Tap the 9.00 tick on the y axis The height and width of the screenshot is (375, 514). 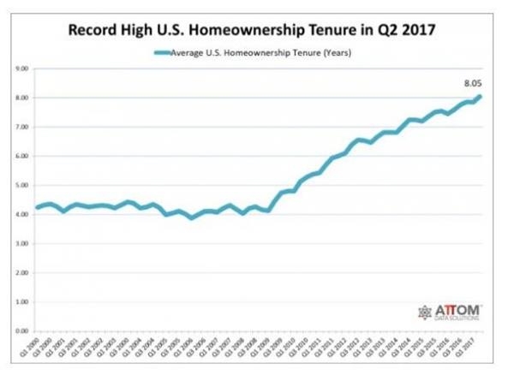(24, 68)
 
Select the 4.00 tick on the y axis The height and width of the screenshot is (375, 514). (24, 214)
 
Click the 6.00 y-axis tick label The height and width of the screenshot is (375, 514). (24, 156)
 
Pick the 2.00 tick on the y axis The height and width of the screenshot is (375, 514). (24, 273)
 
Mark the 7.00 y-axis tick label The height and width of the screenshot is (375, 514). (24, 127)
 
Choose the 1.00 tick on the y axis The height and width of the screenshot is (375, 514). (24, 302)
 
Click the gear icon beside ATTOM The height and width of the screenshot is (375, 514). (425, 312)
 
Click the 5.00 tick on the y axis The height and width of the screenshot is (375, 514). (24, 185)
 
